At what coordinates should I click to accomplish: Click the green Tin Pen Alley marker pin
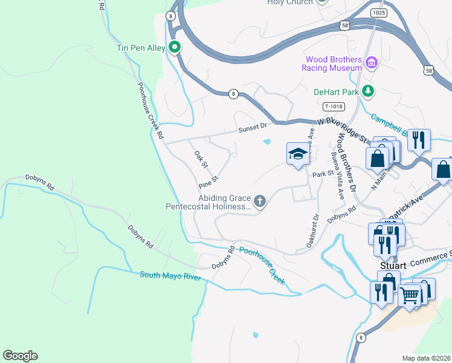point(175,47)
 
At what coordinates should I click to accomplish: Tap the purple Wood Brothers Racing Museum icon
point(372,62)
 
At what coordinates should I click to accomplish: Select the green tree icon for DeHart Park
point(367,92)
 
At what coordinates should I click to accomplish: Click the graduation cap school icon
point(297,154)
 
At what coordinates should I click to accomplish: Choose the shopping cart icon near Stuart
point(410,296)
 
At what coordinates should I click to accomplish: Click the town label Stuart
point(392,265)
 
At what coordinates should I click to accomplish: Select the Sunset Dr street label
point(252,128)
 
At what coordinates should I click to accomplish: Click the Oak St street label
point(201,160)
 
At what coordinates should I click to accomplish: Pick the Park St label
point(323,174)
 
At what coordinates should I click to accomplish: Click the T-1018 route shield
point(334,106)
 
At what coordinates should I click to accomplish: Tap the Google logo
point(20,356)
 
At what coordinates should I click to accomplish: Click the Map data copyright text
point(426,358)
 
